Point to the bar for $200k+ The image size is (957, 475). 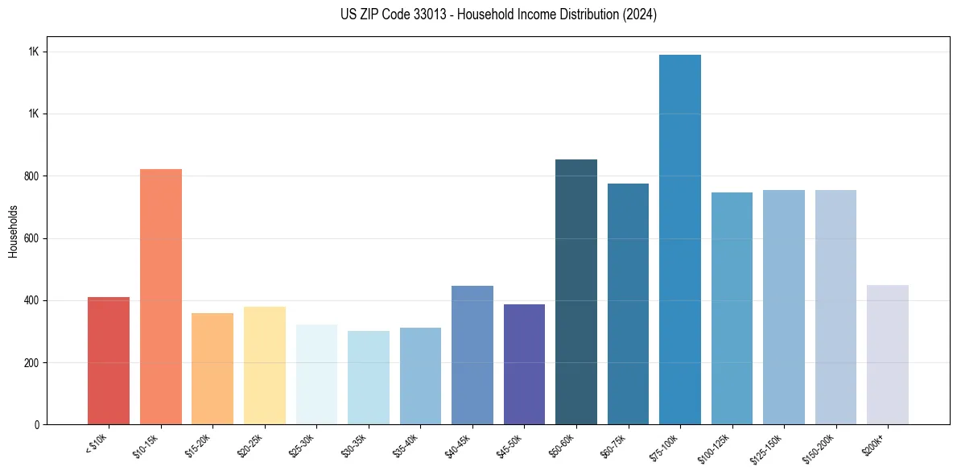tap(888, 354)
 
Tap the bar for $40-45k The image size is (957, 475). tap(472, 355)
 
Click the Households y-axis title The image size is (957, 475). tap(13, 231)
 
